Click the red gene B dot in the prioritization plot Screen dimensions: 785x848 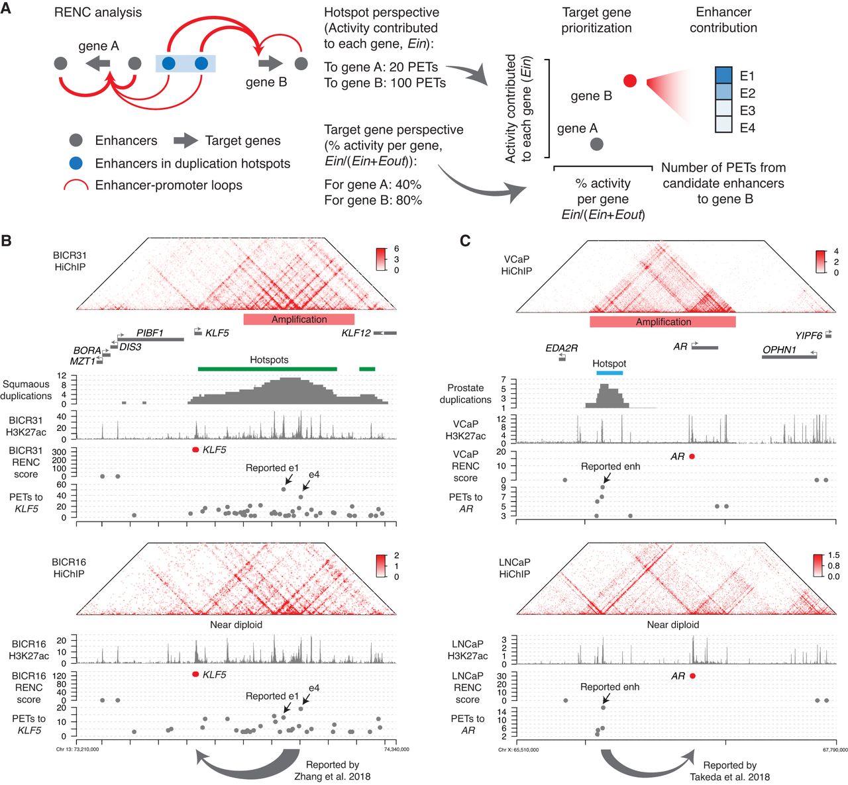coord(630,81)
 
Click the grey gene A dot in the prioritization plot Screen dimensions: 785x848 coord(596,144)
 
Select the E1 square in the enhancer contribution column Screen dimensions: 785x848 coord(723,75)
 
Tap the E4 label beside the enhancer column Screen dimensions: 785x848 coord(747,128)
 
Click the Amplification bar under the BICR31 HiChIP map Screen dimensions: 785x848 coord(299,319)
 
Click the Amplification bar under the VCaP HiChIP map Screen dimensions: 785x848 coord(662,322)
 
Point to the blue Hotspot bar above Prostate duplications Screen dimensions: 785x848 coord(609,373)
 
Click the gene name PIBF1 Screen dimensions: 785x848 coord(150,332)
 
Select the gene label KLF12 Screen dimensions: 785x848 coord(356,333)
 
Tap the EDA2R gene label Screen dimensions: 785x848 coord(562,347)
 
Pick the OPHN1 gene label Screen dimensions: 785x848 coord(779,349)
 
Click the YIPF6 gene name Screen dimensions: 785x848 coord(808,336)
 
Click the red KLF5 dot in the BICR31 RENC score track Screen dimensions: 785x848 coord(195,450)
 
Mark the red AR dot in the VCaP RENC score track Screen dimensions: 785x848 coord(692,457)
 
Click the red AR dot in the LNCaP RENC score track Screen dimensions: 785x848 coord(692,676)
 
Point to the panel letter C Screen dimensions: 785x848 coord(465,240)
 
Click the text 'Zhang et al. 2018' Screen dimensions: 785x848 coord(333,776)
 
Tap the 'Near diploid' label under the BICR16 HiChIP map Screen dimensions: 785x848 coord(236,624)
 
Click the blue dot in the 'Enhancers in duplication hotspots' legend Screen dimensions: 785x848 coord(76,163)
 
